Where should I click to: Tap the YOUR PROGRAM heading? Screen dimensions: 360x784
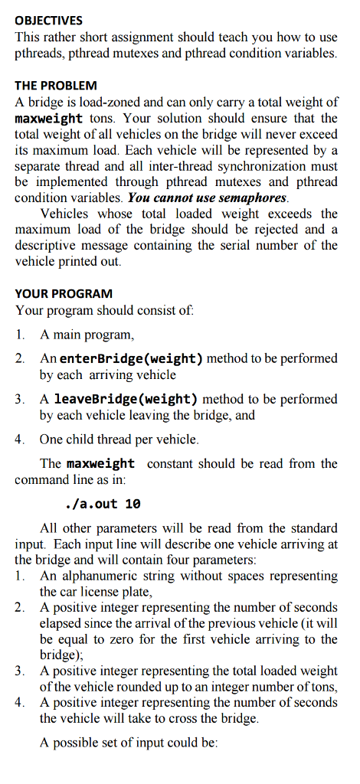(x=64, y=293)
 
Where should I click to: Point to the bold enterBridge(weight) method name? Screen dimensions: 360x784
(x=131, y=358)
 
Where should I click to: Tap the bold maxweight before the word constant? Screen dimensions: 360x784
(x=100, y=464)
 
